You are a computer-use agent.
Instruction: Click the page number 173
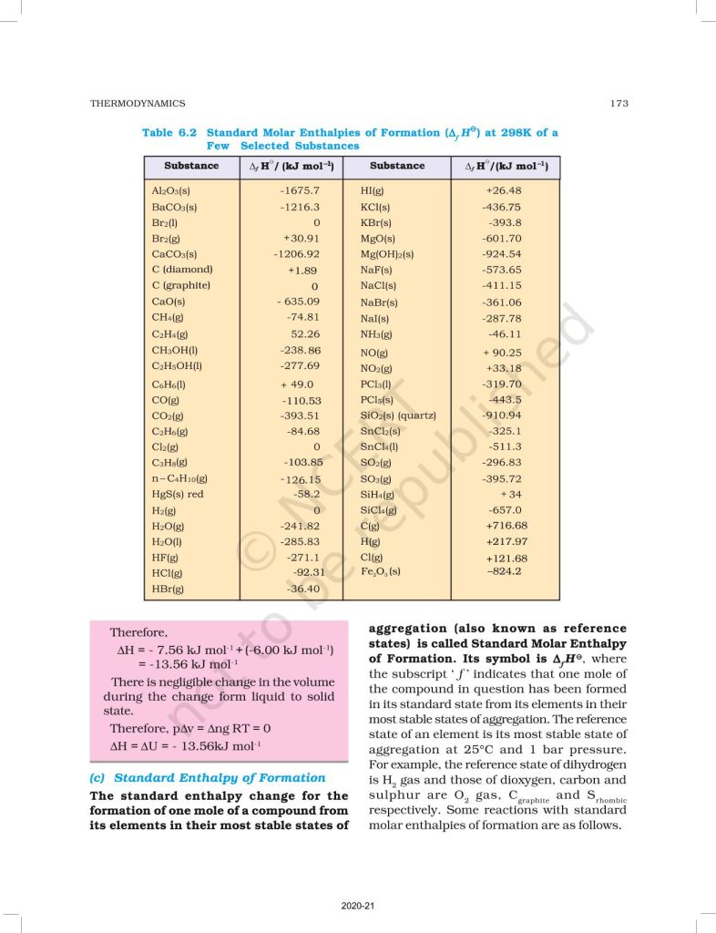(x=619, y=103)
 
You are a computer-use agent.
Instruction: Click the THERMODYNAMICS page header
(x=138, y=103)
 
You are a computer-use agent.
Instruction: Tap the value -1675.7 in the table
(x=300, y=190)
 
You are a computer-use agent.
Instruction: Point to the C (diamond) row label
(x=182, y=270)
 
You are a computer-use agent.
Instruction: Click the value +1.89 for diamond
(x=302, y=271)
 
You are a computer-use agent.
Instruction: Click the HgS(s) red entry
(x=178, y=494)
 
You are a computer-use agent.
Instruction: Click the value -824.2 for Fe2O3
(x=504, y=571)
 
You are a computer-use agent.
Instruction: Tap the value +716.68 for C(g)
(x=506, y=526)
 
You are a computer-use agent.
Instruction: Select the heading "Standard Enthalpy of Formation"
(x=219, y=777)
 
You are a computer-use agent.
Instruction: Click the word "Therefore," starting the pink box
(x=138, y=631)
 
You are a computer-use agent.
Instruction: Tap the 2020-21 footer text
(x=358, y=907)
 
